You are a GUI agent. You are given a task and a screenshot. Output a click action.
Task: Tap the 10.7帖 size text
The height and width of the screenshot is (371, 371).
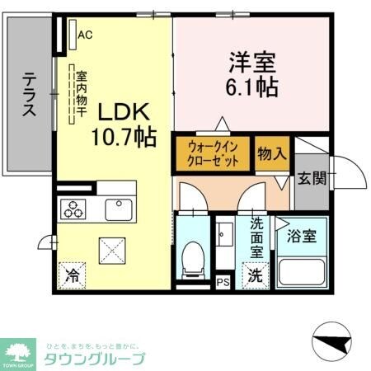[124, 138]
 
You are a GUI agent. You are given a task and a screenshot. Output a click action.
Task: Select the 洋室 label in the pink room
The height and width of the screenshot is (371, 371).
[251, 61]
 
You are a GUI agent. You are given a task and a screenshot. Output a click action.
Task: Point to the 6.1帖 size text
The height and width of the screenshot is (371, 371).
[251, 85]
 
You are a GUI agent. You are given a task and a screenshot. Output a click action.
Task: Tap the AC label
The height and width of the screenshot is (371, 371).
[84, 35]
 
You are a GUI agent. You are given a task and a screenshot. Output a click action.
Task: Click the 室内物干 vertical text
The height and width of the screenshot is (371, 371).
[82, 94]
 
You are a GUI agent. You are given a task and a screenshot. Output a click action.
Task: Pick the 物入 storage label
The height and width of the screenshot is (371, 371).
[271, 153]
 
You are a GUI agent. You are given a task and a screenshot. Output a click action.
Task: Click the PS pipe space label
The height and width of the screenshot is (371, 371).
[223, 281]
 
